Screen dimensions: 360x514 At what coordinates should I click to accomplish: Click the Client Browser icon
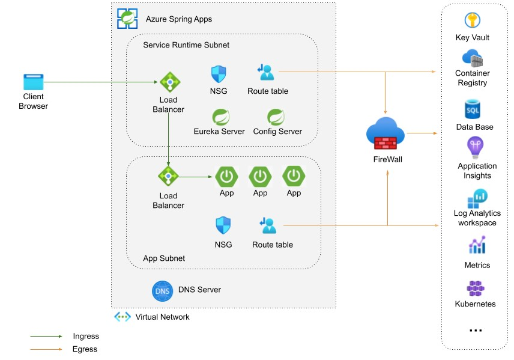coord(34,82)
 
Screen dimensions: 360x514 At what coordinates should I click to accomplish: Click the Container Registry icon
coord(472,59)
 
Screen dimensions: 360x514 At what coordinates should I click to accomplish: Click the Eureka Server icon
coord(219,116)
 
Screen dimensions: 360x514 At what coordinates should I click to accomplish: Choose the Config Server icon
coord(276,116)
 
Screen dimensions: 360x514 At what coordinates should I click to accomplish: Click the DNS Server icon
coord(162,290)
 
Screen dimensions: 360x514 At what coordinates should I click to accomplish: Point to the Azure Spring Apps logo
coord(128,18)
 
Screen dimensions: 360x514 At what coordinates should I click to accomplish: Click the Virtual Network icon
coord(122,317)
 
